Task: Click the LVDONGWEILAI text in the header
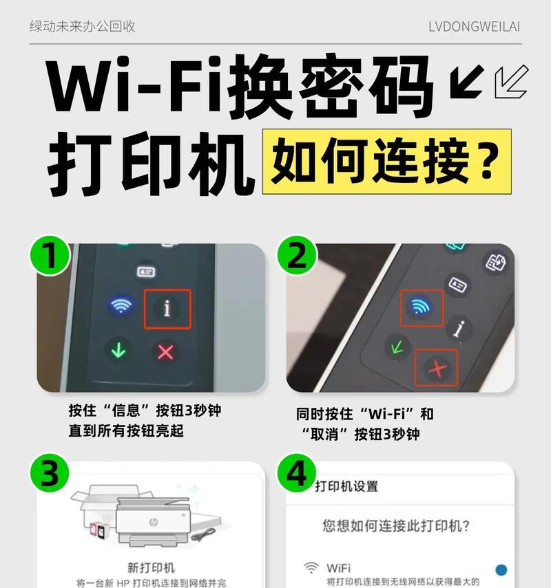474,27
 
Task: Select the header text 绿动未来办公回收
82,27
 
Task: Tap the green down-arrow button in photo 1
118,349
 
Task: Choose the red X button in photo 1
166,351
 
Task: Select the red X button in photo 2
437,368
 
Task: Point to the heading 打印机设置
346,486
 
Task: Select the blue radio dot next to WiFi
501,569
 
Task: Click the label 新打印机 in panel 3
151,568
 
